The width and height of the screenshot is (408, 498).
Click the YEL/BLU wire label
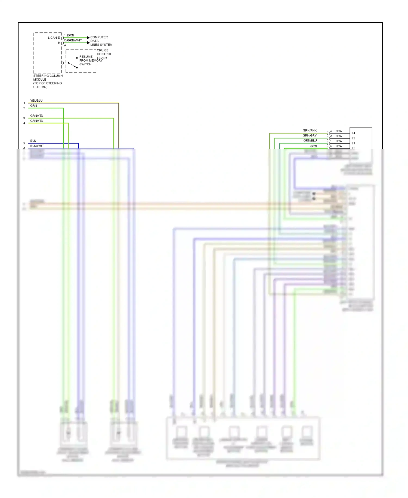[36, 101]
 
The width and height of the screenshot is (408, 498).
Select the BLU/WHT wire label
[37, 146]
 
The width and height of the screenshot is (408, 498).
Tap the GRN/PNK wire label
[310, 130]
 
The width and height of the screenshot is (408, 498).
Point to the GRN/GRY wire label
[310, 135]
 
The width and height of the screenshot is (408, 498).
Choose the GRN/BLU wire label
[310, 141]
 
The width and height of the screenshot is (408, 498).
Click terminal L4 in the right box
[353, 133]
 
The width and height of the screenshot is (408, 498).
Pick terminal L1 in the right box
[353, 143]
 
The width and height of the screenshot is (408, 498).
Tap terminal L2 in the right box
[353, 138]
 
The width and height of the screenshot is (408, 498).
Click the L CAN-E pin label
[54, 38]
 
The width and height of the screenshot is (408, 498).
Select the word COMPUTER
[99, 37]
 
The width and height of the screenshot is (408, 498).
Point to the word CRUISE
[103, 50]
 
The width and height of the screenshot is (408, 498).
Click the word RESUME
[86, 57]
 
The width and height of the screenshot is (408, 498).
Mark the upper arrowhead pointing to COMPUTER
[88, 38]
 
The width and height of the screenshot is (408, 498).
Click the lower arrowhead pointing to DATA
[88, 43]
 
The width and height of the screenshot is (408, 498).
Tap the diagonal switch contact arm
[73, 65]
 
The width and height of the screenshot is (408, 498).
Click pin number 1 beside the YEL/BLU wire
[24, 103]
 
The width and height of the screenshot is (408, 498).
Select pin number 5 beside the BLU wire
[24, 143]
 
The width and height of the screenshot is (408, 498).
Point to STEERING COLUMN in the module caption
[48, 76]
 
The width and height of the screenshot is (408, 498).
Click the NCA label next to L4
[338, 131]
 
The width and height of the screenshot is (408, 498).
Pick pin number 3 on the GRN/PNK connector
[331, 131]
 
